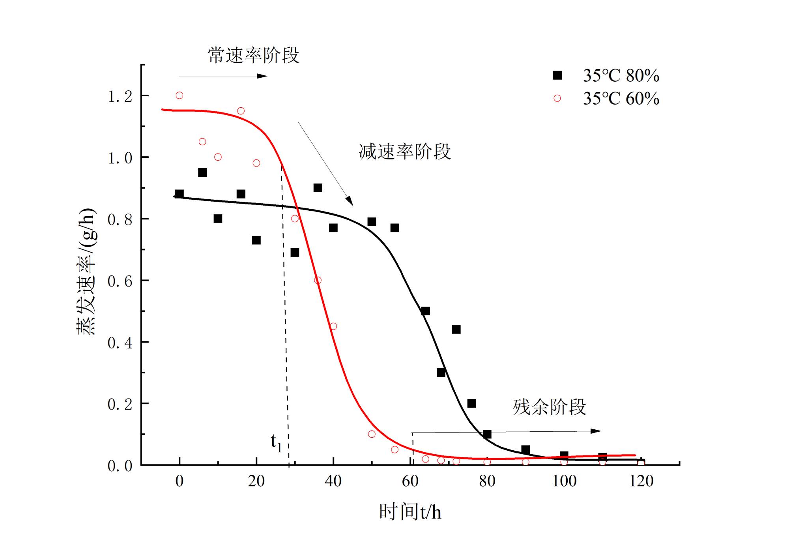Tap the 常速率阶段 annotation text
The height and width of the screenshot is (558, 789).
[253, 55]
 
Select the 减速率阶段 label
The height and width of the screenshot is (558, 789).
[405, 152]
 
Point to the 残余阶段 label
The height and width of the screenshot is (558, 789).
[549, 407]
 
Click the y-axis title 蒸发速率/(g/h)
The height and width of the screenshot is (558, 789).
[86, 272]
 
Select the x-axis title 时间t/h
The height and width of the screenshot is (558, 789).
[410, 512]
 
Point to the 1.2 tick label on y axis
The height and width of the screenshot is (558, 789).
[120, 96]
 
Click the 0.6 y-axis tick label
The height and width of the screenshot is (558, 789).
[120, 281]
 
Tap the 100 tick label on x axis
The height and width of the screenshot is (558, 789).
[564, 481]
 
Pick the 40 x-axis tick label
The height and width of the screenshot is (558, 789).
[333, 481]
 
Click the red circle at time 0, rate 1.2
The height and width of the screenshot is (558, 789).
[179, 95]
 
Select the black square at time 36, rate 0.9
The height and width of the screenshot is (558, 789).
[318, 188]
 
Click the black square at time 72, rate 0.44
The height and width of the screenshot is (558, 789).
[456, 330]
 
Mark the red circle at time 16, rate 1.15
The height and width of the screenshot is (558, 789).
[241, 111]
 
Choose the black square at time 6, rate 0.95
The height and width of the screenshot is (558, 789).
[202, 172]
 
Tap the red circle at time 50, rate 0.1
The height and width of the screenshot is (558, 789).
[372, 434]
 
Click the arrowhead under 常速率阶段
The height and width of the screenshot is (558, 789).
[262, 76]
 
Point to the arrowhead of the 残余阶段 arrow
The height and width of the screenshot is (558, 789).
[596, 431]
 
